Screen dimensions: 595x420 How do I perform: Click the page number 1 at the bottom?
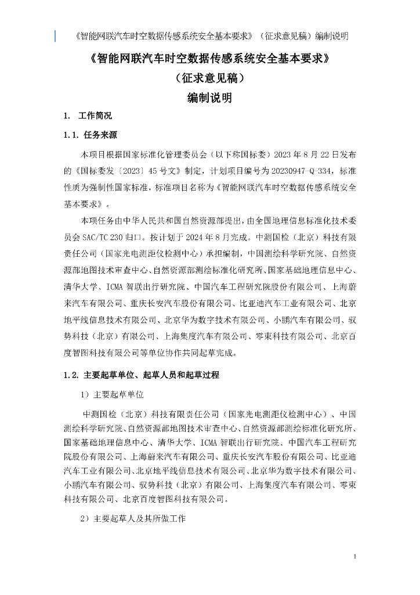tap(354, 557)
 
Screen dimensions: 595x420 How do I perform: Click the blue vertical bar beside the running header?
tap(56, 36)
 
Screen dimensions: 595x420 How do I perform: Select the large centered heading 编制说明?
tap(210, 98)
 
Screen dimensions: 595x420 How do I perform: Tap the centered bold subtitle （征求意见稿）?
tap(210, 78)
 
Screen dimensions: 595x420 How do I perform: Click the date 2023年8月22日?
tap(299, 155)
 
